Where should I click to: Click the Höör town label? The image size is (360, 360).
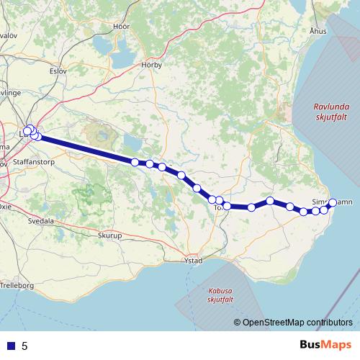[x=121, y=26]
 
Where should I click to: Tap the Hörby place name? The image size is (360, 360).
[x=152, y=64]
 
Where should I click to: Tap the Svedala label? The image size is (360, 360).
[x=41, y=222]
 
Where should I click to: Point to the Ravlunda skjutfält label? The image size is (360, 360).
[x=330, y=114]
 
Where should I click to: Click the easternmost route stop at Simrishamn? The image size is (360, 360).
[x=333, y=202]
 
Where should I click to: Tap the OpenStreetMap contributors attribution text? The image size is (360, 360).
[x=299, y=323]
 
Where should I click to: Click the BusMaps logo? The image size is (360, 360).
[x=326, y=345]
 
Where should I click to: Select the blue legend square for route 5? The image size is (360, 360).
[x=11, y=346]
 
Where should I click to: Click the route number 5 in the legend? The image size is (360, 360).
[x=24, y=346]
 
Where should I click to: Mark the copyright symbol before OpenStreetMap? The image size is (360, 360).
[x=237, y=323]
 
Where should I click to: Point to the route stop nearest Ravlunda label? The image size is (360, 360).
[x=333, y=202]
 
